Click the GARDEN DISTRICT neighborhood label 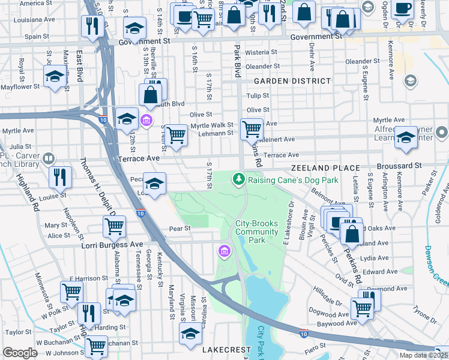[x=292, y=80]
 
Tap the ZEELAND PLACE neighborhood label [x=325, y=169]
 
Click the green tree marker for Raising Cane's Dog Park [x=239, y=179]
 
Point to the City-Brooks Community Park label [x=257, y=232]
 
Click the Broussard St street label [x=400, y=166]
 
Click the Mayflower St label [x=20, y=86]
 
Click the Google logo [x=20, y=353]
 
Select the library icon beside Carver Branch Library [x=49, y=159]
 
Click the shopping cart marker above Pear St [x=115, y=226]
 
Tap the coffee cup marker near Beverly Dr [x=403, y=8]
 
